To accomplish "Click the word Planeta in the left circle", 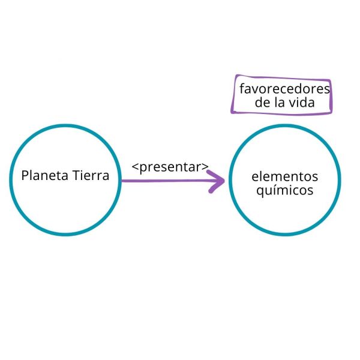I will (43, 176).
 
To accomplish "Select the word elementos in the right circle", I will (284, 177).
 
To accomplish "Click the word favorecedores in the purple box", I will (284, 89).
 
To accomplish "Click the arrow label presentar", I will (170, 167).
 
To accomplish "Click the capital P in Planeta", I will (25, 176).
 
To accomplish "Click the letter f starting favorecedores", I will (241, 89).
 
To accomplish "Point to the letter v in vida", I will (291, 103).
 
